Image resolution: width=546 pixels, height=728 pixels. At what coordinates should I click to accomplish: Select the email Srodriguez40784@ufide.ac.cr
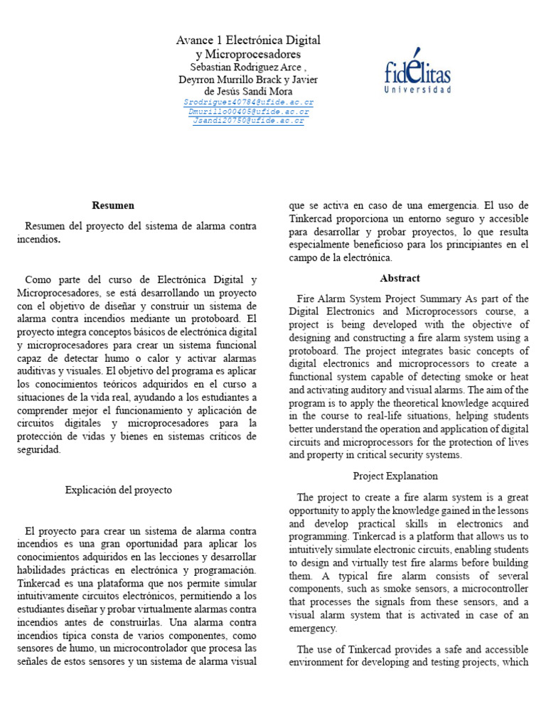[x=248, y=102]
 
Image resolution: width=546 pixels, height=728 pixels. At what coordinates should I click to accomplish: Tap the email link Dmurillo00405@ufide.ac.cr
[x=248, y=112]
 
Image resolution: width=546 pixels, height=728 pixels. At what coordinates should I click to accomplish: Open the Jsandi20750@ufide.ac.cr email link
[x=248, y=121]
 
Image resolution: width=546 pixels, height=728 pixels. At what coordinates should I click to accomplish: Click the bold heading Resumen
[x=113, y=205]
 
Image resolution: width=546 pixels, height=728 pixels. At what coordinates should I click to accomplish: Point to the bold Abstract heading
[x=400, y=278]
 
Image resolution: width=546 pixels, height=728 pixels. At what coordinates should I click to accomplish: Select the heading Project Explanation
[x=395, y=476]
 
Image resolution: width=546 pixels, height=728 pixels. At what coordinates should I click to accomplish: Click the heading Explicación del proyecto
[x=119, y=490]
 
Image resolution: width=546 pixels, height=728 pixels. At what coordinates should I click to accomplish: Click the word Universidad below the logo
[x=417, y=90]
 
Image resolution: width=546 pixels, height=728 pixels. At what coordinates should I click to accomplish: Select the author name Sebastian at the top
[x=210, y=67]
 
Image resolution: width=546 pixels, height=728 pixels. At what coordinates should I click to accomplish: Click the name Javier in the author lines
[x=305, y=80]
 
